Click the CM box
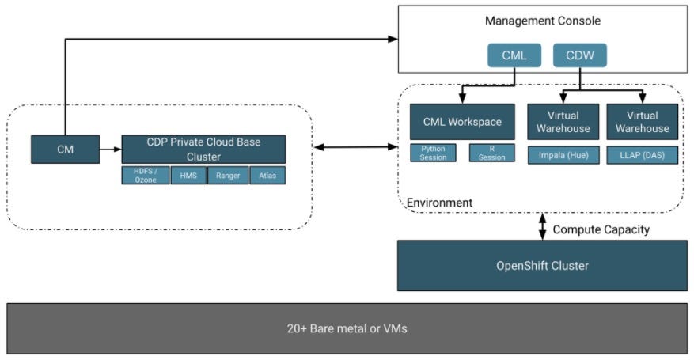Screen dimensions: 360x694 (66, 149)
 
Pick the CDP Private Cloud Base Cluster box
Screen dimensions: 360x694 (203, 150)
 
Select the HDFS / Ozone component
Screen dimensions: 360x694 (145, 176)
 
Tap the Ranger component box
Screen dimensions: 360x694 (228, 176)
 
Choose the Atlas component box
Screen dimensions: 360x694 (267, 176)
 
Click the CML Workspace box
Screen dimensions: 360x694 (462, 122)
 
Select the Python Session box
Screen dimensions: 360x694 (433, 153)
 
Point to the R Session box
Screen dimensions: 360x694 (491, 153)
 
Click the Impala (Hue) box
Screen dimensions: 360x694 (563, 153)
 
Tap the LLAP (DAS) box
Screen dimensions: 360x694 (642, 153)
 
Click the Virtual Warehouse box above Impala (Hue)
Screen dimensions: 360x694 (563, 122)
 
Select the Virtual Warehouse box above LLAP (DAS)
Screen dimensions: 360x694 (642, 122)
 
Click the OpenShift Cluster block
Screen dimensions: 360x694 (542, 266)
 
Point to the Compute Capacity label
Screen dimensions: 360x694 (601, 229)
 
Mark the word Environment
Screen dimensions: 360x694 (439, 203)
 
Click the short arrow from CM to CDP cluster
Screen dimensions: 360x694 (111, 149)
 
